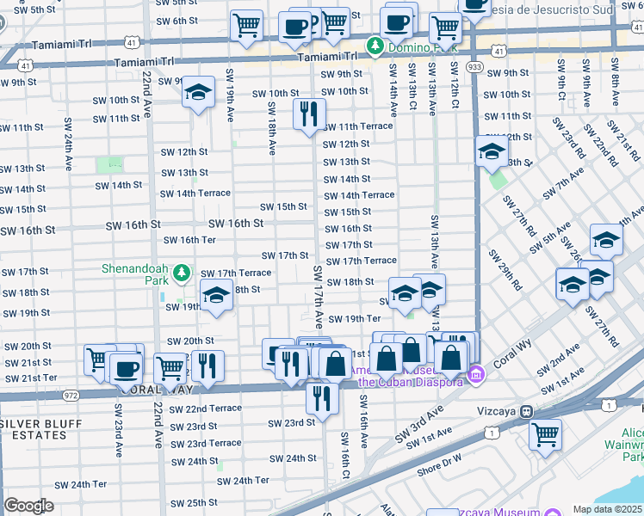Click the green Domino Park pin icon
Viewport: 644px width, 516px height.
(375, 45)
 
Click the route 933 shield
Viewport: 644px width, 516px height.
(474, 65)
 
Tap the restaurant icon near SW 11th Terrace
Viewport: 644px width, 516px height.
(308, 113)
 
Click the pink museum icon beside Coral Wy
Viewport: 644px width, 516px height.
(476, 375)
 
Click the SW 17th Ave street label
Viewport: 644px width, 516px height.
(318, 297)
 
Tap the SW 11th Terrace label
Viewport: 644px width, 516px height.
(357, 126)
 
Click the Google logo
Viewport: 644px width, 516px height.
(28, 506)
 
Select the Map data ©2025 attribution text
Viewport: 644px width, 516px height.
(607, 509)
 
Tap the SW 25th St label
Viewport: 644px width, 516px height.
(194, 503)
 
